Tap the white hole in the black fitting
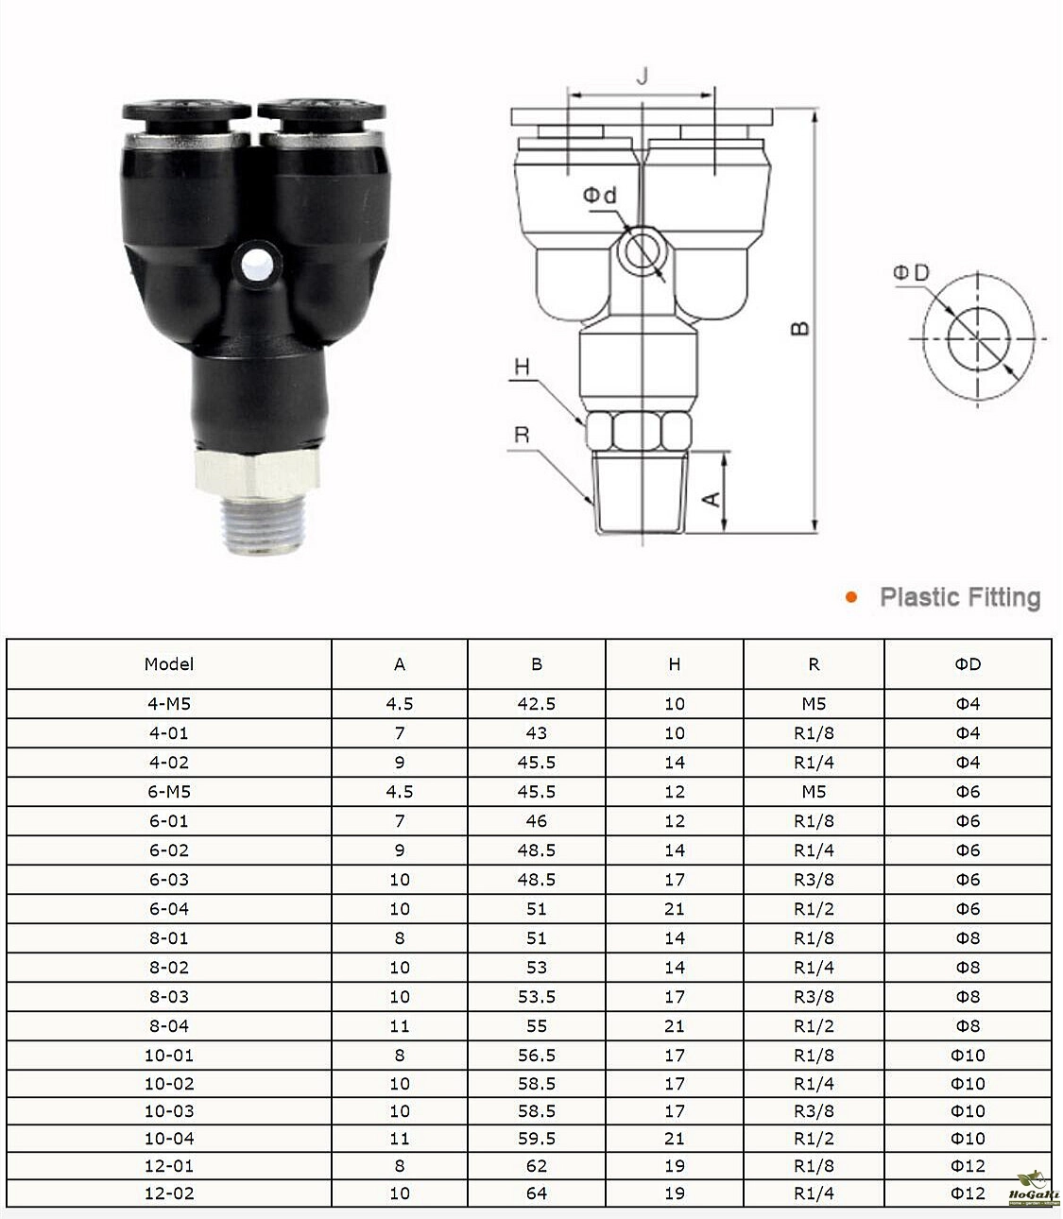click(258, 264)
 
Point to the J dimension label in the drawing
click(642, 77)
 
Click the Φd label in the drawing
click(600, 196)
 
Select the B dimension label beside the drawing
click(801, 328)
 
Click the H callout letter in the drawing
click(522, 367)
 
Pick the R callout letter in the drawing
click(522, 435)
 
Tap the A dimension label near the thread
click(712, 498)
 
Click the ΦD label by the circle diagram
click(911, 273)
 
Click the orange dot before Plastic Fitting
click(851, 597)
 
